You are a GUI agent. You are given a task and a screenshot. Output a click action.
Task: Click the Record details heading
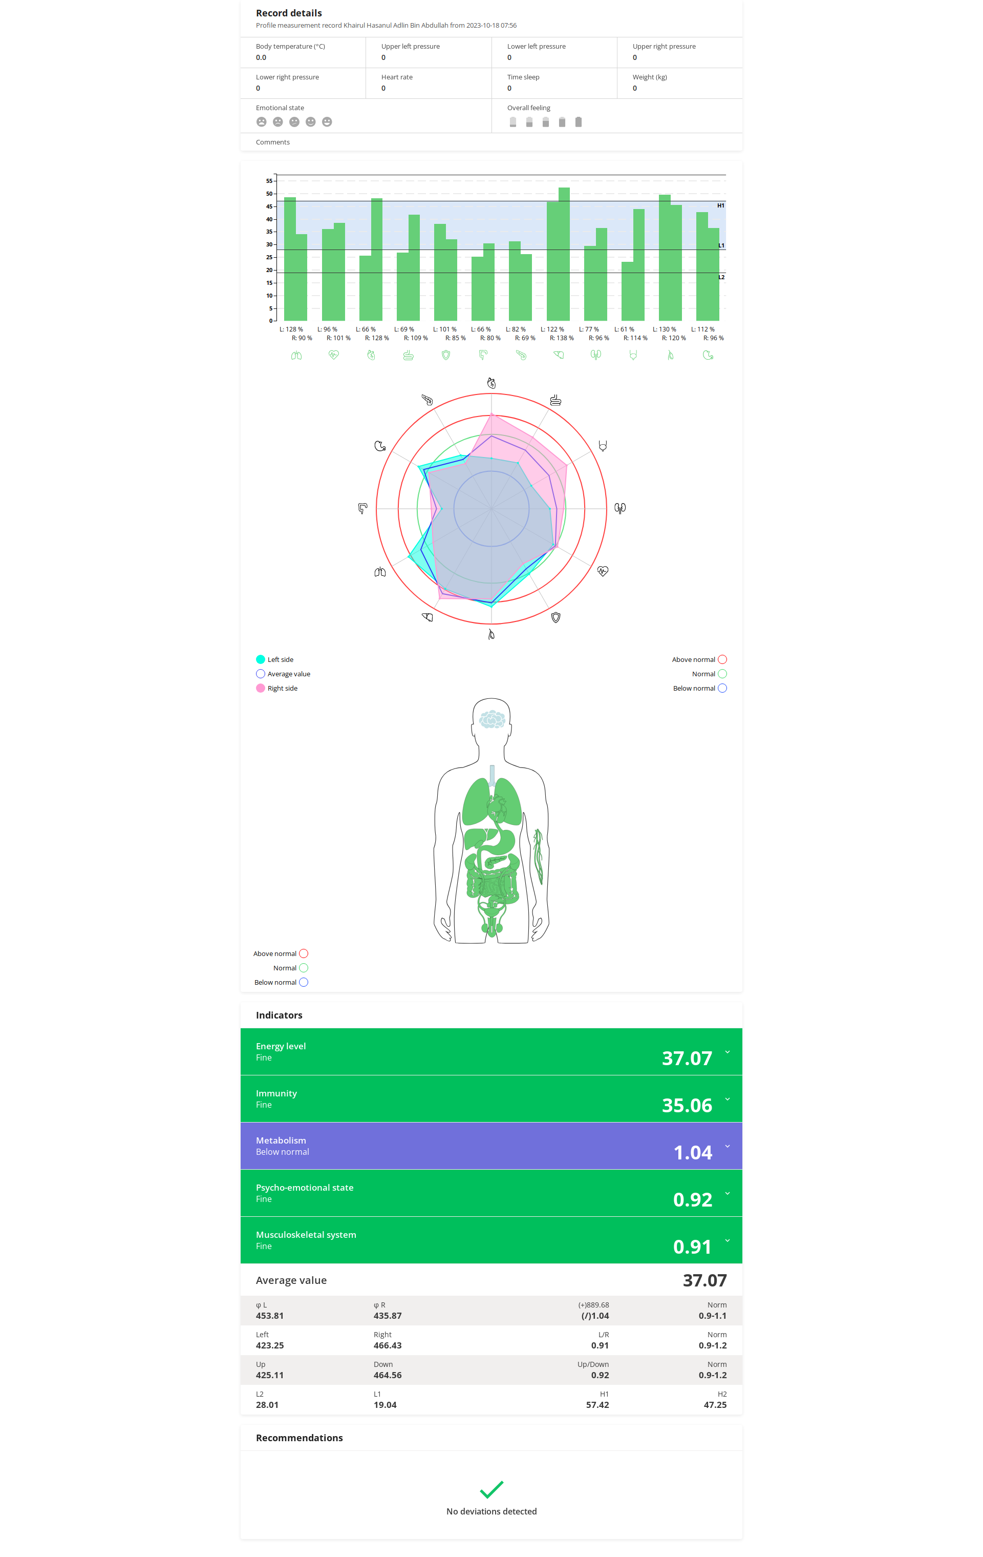(x=288, y=13)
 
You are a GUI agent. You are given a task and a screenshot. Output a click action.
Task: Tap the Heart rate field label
(x=396, y=77)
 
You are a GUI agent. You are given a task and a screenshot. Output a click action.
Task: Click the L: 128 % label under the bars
(x=291, y=329)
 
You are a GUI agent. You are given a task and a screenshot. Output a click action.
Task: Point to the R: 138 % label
(x=561, y=338)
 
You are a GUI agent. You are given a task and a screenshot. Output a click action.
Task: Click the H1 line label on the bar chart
(x=720, y=205)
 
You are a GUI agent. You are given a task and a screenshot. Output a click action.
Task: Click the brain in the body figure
(x=492, y=718)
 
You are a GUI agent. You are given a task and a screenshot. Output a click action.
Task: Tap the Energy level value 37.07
(x=687, y=1058)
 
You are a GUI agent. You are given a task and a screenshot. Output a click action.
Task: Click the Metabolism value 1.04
(x=692, y=1152)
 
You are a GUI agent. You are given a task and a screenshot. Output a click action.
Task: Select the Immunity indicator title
(x=276, y=1093)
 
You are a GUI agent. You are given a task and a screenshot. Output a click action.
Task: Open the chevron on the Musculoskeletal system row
(x=727, y=1240)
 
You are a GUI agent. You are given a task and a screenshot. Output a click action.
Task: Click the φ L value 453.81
(x=269, y=1316)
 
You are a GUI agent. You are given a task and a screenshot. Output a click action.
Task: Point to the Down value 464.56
(x=387, y=1375)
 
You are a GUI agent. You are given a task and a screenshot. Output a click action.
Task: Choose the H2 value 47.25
(x=714, y=1405)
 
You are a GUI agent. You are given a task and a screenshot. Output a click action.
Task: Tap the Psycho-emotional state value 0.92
(x=692, y=1199)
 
